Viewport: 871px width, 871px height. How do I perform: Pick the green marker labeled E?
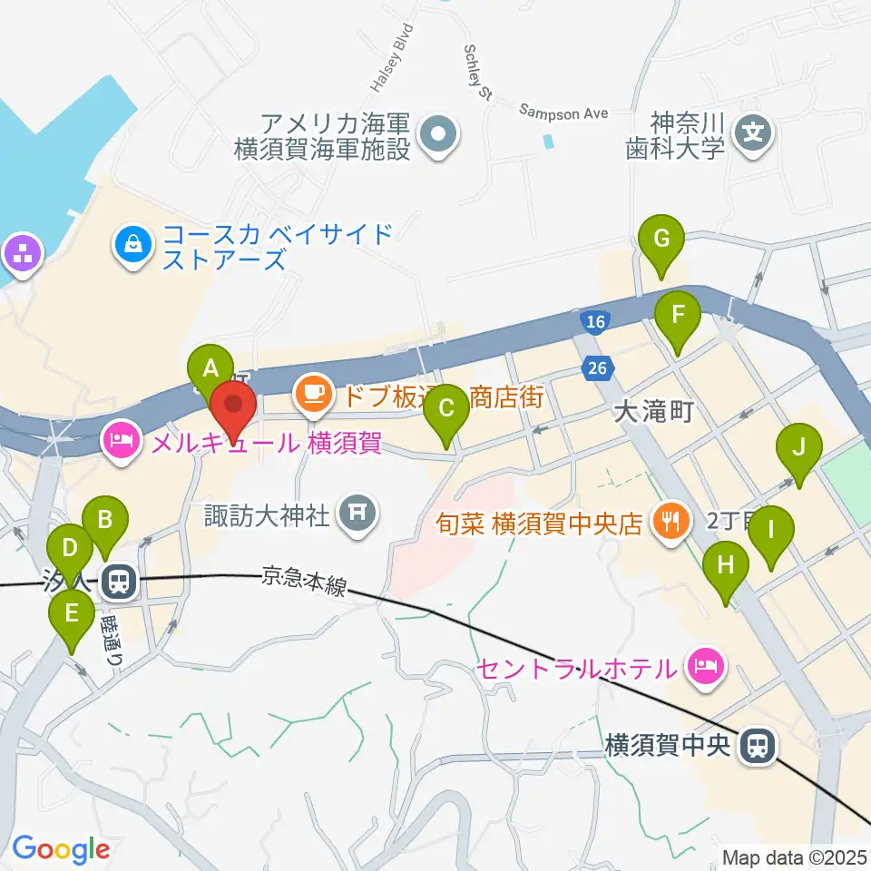click(x=71, y=618)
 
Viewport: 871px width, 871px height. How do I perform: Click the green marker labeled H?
click(x=725, y=568)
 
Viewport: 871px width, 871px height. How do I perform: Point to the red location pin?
click(x=233, y=409)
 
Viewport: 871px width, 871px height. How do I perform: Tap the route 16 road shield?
click(x=595, y=322)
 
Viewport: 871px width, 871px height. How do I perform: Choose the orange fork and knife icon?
click(x=670, y=522)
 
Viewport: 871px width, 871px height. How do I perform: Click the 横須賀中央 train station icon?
click(x=756, y=747)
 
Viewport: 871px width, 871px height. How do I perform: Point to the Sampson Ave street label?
click(x=563, y=112)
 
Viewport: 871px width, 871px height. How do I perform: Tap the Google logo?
click(x=61, y=850)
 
